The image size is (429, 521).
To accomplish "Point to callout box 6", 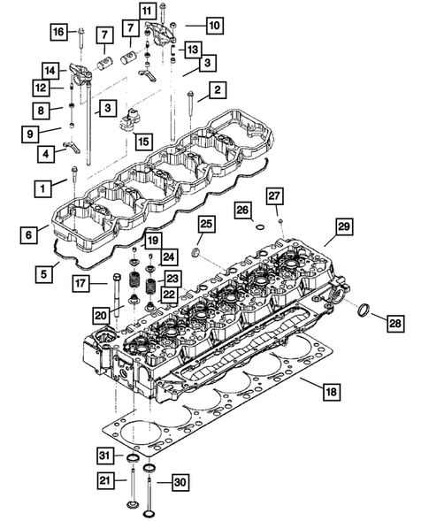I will click(x=31, y=234).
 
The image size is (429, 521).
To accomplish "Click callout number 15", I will click(x=142, y=140).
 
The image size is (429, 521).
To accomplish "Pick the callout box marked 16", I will click(x=58, y=32).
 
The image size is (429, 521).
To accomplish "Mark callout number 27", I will click(x=275, y=195).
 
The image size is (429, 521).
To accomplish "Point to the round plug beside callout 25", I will click(x=195, y=256).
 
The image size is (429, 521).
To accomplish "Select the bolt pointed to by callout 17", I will click(x=117, y=293).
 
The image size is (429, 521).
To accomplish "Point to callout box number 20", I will click(x=100, y=313).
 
